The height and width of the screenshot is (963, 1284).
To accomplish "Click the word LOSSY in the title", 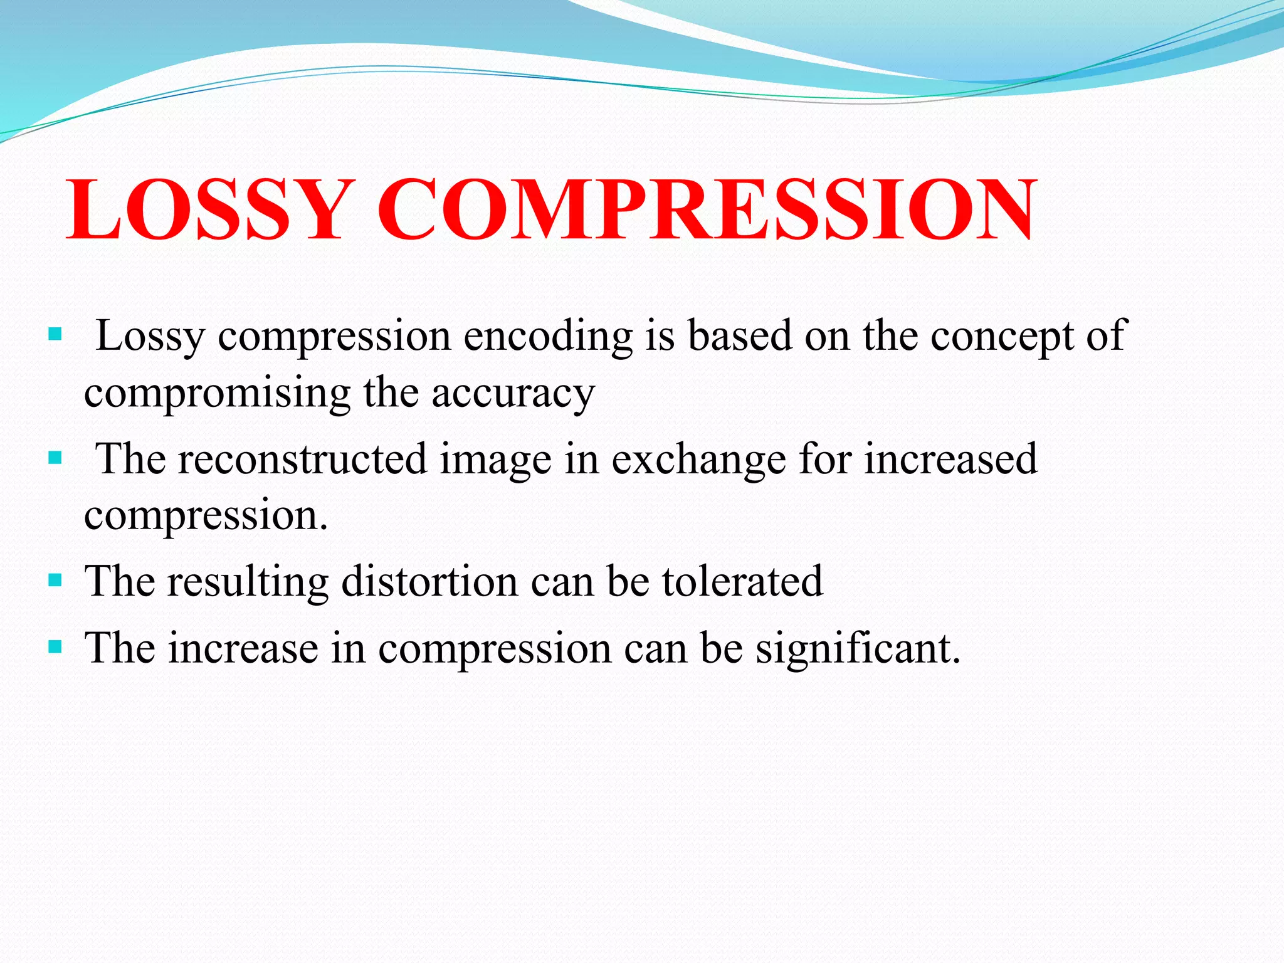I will tap(207, 210).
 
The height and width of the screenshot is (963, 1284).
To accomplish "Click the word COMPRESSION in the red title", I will tap(705, 210).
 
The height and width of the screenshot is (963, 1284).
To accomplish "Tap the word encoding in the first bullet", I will tap(548, 336).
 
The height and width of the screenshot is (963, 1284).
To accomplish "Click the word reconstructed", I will tap(302, 459).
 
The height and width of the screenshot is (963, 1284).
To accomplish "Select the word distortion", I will tap(429, 581).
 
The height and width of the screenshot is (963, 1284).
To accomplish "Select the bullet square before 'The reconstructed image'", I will tap(55, 458).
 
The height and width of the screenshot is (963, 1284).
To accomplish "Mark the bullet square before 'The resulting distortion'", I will tap(55, 580).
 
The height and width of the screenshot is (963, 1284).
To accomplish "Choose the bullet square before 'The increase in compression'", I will tap(55, 646).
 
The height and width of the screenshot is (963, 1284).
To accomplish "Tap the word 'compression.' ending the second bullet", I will tap(206, 516).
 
